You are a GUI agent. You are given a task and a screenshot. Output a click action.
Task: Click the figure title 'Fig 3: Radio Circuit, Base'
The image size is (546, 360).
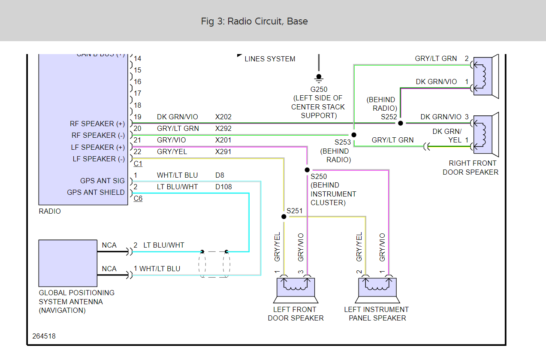pyautogui.click(x=254, y=21)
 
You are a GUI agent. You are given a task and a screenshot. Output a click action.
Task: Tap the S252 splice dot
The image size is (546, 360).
pyautogui.click(x=400, y=123)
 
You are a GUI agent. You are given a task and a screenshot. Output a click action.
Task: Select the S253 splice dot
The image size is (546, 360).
pyautogui.click(x=354, y=135)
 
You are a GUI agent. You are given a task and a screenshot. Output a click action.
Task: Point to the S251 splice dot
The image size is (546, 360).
pyautogui.click(x=284, y=217)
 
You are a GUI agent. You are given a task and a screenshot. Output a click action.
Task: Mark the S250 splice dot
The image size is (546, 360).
pyautogui.click(x=307, y=170)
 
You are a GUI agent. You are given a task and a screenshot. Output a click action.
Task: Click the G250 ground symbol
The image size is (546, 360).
pyautogui.click(x=319, y=78)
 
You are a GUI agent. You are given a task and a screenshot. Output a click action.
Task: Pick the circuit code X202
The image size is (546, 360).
pyautogui.click(x=223, y=117)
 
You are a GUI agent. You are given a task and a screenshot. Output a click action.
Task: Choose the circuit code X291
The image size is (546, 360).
pyautogui.click(x=223, y=152)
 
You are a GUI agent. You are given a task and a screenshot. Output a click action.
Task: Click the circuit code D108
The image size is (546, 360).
pyautogui.click(x=224, y=187)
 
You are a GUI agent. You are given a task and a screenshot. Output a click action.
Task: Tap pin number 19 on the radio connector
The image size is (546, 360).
pyautogui.click(x=137, y=117)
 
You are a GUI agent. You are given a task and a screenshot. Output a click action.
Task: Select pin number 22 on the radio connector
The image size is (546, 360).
pyautogui.click(x=138, y=152)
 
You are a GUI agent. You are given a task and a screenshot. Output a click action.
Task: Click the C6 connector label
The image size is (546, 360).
pyautogui.click(x=138, y=198)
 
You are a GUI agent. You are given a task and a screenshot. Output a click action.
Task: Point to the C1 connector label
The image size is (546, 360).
pyautogui.click(x=138, y=163)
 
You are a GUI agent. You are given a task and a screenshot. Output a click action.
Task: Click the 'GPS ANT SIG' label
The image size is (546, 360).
pyautogui.click(x=103, y=181)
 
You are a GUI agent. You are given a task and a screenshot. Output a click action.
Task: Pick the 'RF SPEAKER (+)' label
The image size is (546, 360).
pyautogui.click(x=97, y=124)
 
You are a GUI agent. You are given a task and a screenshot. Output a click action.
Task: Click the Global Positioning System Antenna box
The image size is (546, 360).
pyautogui.click(x=68, y=263)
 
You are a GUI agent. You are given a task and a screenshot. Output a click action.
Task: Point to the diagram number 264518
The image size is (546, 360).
pyautogui.click(x=44, y=336)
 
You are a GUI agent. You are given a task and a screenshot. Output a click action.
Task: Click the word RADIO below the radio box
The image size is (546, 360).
pyautogui.click(x=50, y=211)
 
